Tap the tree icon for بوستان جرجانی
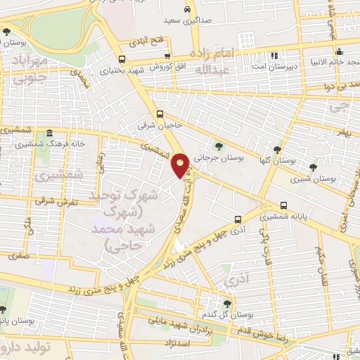[219, 146]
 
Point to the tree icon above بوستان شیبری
[313, 167]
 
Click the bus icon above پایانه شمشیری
[283, 205]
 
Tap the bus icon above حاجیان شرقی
[160, 114]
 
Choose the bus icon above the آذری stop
[238, 219]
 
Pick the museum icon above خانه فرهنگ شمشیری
[49, 134]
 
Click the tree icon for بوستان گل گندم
[226, 303]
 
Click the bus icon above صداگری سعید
[186, 10]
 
